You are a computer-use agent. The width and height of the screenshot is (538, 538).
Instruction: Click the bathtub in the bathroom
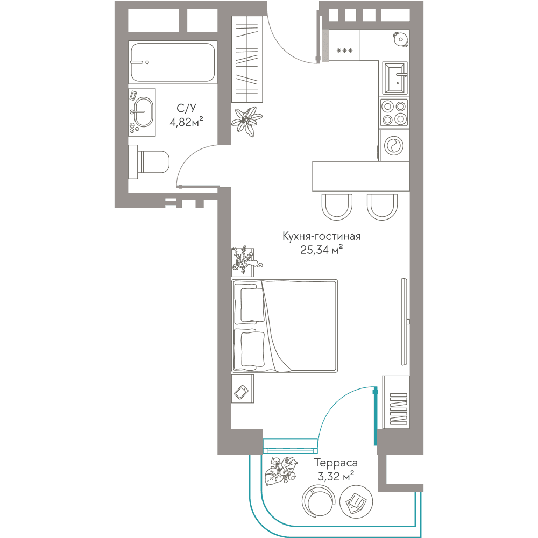172,62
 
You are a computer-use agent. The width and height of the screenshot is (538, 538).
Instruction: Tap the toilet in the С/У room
149,161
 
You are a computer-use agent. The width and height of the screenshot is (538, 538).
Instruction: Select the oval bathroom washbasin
143,112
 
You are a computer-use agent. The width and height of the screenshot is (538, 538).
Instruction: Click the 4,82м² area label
186,122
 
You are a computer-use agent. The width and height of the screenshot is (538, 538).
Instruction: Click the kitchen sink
394,78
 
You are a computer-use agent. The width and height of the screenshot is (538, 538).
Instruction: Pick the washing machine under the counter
394,145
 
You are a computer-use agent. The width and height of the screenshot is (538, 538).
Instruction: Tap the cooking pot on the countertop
401,39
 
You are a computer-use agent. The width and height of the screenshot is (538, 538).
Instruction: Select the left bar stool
337,207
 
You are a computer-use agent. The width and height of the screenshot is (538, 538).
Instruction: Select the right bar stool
382,207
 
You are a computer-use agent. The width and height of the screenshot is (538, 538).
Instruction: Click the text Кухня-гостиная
322,236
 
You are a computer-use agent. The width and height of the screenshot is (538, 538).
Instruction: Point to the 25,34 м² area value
322,250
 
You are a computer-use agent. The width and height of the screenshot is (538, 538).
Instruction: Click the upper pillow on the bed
252,305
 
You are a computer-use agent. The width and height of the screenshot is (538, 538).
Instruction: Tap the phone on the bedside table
242,392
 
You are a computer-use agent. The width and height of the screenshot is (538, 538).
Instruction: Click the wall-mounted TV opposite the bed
405,322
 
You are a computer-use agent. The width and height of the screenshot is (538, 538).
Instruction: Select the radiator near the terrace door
398,409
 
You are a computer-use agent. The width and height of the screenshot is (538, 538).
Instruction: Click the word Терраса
336,463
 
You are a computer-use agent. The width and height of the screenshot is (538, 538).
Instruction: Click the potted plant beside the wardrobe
246,121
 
